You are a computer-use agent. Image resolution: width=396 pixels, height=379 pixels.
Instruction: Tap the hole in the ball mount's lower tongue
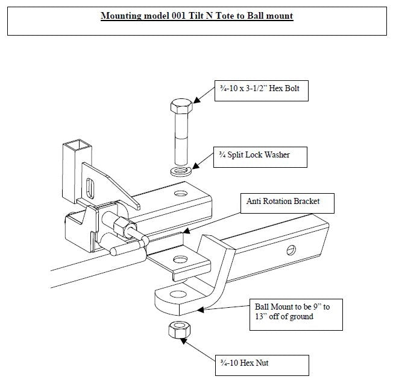pos(179,295)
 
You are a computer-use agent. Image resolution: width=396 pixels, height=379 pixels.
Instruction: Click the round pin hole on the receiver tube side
pos(291,250)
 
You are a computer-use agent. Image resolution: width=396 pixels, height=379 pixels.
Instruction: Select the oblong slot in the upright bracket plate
pos(91,188)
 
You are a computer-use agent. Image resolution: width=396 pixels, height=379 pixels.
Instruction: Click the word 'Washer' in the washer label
pos(275,155)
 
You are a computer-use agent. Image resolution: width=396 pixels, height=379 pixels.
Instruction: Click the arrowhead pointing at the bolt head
pos(194,103)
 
